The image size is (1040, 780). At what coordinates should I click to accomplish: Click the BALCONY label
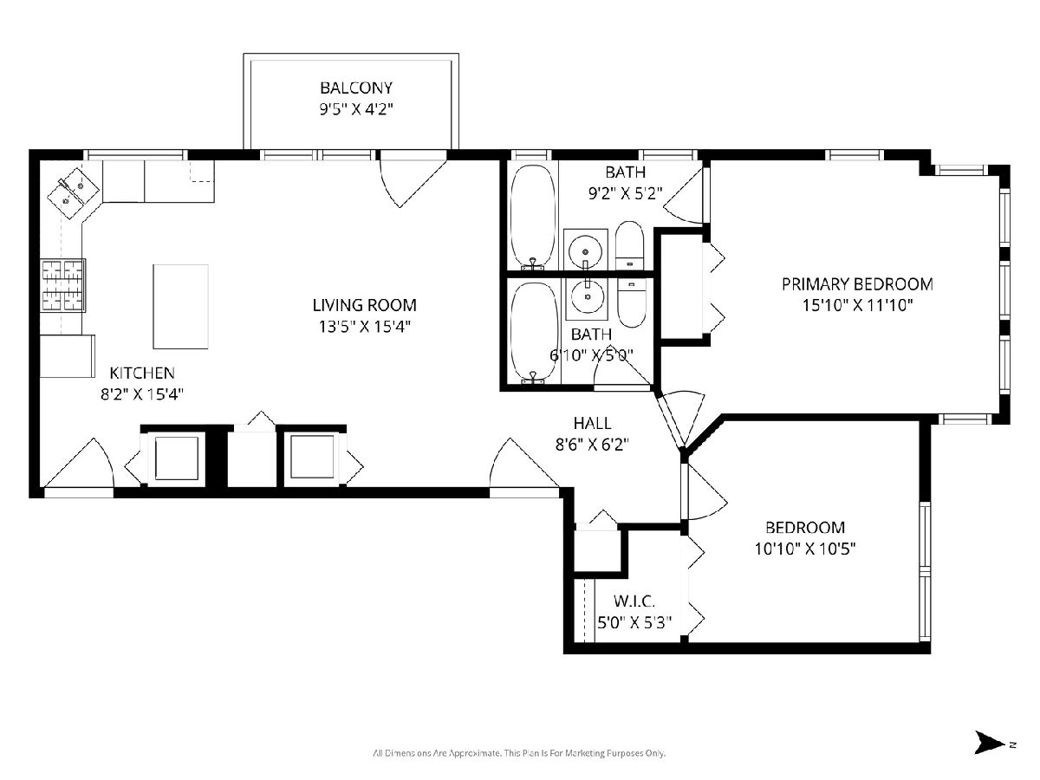(x=356, y=88)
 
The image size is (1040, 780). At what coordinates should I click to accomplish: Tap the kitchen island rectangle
(x=180, y=307)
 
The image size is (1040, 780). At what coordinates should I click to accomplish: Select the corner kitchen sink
(x=73, y=192)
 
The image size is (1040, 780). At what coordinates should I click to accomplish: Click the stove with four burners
(x=62, y=285)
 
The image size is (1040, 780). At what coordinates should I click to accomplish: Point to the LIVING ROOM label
(x=364, y=305)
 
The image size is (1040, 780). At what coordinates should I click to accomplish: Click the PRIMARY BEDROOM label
(x=857, y=284)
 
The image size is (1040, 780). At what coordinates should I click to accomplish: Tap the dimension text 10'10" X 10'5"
(x=805, y=549)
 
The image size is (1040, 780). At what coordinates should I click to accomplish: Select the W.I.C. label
(x=634, y=601)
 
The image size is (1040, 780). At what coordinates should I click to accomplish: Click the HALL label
(x=592, y=423)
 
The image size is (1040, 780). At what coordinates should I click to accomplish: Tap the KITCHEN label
(x=142, y=373)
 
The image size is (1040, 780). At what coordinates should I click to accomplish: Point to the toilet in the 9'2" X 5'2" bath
(x=629, y=245)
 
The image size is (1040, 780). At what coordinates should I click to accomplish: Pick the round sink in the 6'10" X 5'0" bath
(x=588, y=296)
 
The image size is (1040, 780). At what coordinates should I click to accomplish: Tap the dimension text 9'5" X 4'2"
(x=356, y=110)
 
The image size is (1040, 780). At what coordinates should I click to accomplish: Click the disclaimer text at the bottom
(x=519, y=753)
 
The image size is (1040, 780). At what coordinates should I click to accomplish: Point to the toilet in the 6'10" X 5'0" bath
(x=632, y=303)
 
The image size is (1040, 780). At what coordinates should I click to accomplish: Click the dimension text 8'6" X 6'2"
(x=592, y=445)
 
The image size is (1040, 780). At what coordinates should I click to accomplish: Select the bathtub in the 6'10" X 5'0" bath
(x=535, y=332)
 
